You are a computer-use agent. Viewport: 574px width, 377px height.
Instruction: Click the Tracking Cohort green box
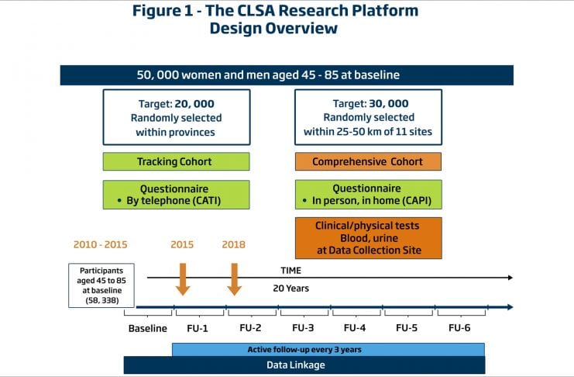(x=177, y=161)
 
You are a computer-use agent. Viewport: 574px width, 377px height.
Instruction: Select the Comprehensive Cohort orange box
(x=368, y=161)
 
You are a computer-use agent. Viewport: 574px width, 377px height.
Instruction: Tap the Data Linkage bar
(x=304, y=365)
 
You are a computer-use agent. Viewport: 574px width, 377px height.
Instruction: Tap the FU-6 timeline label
(x=459, y=328)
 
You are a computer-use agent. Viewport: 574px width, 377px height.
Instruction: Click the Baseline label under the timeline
(x=147, y=328)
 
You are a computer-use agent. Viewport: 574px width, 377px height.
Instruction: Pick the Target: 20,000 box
(x=177, y=117)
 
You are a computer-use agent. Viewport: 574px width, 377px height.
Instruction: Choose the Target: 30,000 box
(x=368, y=117)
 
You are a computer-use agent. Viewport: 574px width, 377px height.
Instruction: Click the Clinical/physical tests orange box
(x=368, y=237)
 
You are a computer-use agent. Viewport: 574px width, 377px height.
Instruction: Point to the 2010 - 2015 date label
(x=101, y=245)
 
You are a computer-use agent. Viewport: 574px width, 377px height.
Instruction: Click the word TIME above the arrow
(x=291, y=271)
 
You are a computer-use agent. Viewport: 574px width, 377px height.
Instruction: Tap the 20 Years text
(x=291, y=288)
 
